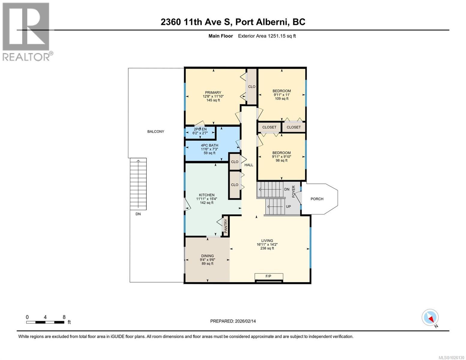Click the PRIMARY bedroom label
point(213,92)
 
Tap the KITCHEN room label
point(207,195)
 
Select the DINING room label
point(207,256)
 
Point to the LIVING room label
point(267,241)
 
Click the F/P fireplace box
point(269,276)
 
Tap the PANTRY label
point(226,226)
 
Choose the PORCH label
point(317,199)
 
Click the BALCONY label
point(156,131)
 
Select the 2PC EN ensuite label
point(200,129)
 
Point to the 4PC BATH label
point(209,145)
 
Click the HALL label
point(249,165)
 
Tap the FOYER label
point(294,191)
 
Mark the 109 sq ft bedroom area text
point(281,99)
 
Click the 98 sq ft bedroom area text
point(281,160)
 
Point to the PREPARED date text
point(233,321)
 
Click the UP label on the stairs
point(288,207)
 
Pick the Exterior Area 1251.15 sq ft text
point(267,36)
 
